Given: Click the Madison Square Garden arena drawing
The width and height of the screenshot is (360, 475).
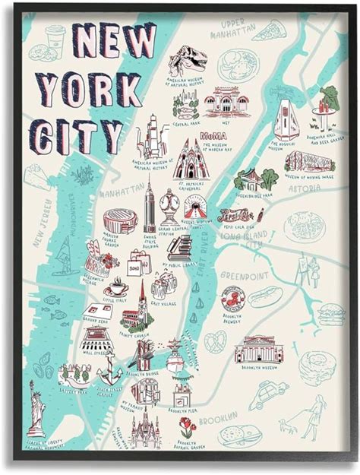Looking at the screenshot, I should (x=120, y=220).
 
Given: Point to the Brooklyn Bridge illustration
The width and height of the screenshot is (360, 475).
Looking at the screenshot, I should (x=144, y=353).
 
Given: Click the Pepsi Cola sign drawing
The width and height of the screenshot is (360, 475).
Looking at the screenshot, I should (x=235, y=215).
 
